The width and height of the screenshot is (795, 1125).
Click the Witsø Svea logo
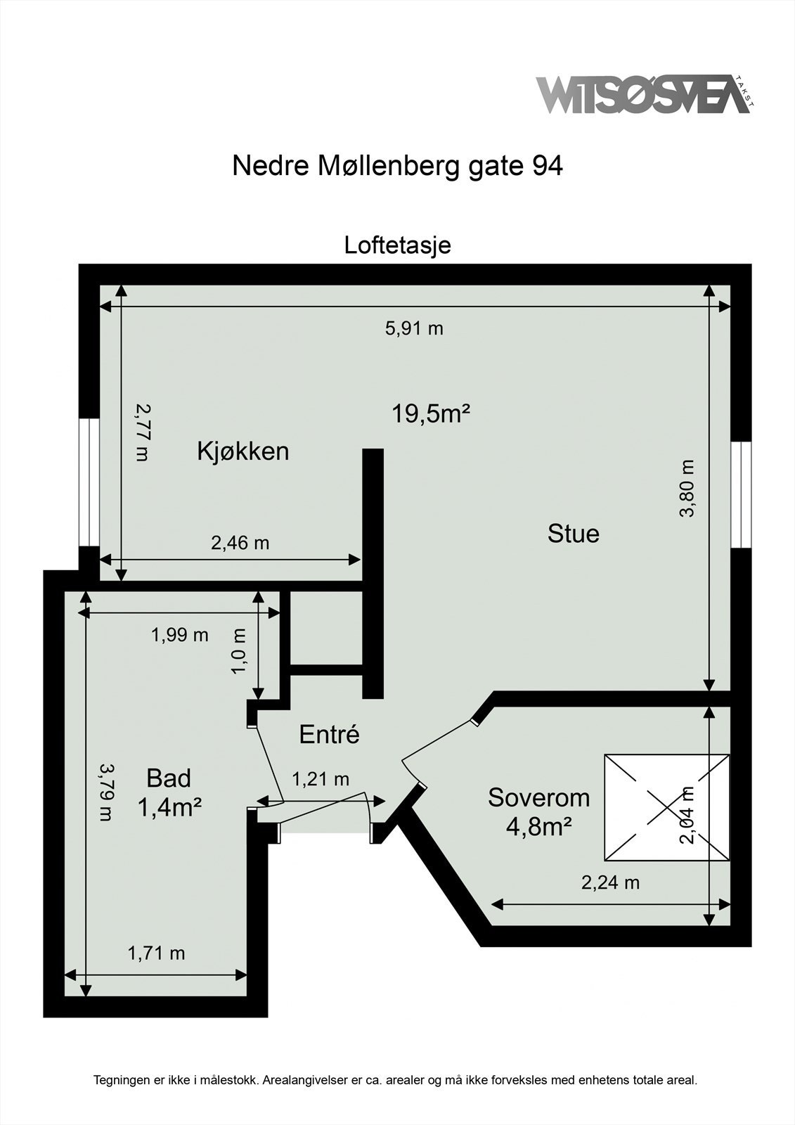[643, 95]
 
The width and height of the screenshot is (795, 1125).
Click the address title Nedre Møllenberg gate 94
[397, 166]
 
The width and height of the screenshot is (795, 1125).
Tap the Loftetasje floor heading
[397, 245]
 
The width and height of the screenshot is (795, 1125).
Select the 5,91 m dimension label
[414, 328]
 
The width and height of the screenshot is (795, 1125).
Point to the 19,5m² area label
[430, 413]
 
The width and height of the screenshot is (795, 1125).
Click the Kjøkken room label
[243, 451]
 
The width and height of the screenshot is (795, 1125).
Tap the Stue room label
[573, 533]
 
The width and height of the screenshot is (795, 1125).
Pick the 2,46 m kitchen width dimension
[240, 543]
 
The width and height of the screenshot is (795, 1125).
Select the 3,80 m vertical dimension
[687, 488]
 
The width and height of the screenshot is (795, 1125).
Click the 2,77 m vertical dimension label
[143, 432]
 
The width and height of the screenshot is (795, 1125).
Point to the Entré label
[329, 734]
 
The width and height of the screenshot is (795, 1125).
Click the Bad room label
[169, 778]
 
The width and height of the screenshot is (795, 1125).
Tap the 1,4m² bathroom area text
[169, 808]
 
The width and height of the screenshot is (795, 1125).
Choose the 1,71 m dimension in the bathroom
[156, 953]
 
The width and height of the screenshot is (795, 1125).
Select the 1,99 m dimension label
[180, 635]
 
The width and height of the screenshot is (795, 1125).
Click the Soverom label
[538, 797]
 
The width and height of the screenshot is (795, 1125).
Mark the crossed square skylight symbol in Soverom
[666, 807]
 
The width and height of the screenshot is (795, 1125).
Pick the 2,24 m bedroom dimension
[610, 882]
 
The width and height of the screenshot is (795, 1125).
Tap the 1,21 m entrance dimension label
[321, 778]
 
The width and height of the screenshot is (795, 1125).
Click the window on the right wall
[741, 494]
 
